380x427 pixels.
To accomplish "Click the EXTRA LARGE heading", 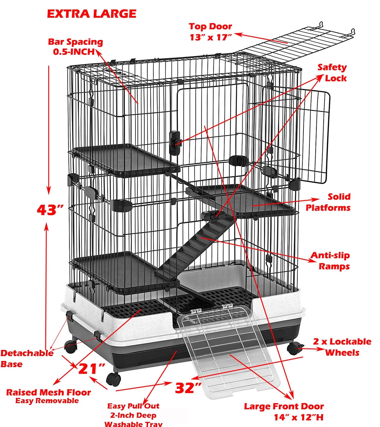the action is (91, 14).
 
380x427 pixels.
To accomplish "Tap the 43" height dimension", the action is (50, 210).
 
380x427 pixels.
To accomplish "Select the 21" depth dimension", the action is (92, 369).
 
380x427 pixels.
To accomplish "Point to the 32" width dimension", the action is (188, 388).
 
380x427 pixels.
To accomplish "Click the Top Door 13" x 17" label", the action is (211, 32).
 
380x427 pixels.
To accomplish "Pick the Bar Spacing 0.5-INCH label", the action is (76, 46).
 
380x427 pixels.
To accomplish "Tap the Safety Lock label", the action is (332, 73).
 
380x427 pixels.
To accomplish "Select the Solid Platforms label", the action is (328, 202).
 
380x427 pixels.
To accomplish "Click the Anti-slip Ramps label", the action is (330, 261).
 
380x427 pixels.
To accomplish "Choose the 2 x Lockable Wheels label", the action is (342, 347).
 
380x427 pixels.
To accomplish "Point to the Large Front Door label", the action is (284, 412).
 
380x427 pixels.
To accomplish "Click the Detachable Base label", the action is (27, 358).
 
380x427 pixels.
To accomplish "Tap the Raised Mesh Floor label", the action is (48, 396).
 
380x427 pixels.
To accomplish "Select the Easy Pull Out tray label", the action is (133, 415).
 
